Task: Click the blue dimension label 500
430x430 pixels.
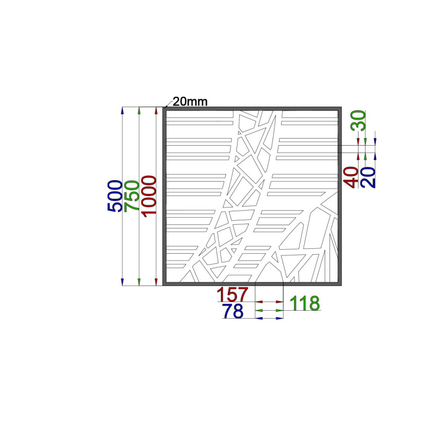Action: point(115,196)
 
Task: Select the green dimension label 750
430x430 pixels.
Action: point(132,196)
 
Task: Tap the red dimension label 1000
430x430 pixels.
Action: point(149,196)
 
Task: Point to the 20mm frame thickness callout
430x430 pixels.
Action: point(190,102)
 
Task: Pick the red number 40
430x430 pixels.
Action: point(352,177)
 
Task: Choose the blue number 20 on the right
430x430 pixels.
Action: point(368,177)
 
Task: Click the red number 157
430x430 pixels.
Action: point(233,294)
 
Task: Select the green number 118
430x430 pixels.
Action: point(305,303)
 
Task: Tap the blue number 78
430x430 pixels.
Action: point(233,311)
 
